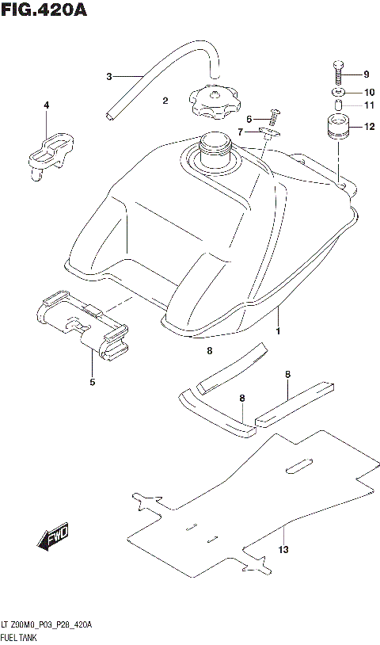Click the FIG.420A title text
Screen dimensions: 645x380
coord(43,11)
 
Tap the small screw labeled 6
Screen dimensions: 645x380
coord(275,117)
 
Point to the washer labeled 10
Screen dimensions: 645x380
coord(338,94)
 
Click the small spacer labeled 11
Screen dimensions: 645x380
coord(338,105)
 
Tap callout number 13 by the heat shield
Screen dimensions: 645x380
coord(283,550)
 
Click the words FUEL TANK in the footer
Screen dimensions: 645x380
coord(25,636)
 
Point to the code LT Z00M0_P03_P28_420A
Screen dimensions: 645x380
coord(47,625)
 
